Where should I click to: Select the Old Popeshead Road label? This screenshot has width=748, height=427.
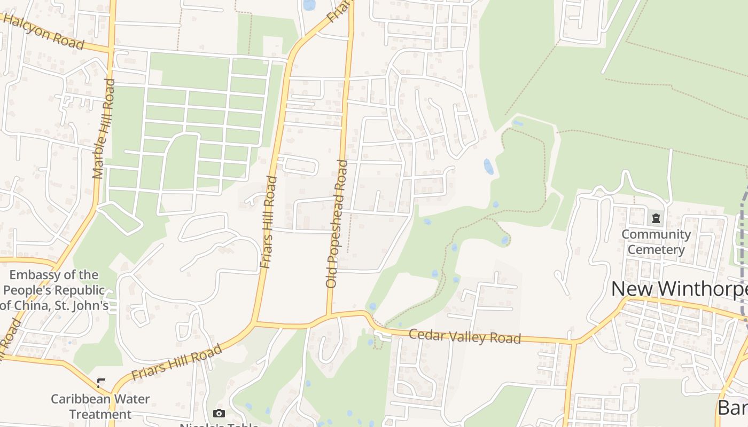(x=337, y=224)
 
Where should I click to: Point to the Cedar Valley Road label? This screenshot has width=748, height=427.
(x=464, y=337)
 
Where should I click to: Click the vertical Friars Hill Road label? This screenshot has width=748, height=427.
(x=269, y=222)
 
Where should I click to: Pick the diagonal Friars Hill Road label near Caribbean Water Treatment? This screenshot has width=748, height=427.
(x=176, y=362)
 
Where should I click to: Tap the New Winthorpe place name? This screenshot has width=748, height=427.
(x=679, y=289)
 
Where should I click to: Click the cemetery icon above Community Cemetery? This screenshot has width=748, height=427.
(x=656, y=218)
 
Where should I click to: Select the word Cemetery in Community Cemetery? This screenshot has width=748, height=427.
(x=656, y=249)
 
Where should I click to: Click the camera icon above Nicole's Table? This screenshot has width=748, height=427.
(x=219, y=413)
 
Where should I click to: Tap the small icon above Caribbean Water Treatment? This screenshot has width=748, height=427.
(x=101, y=383)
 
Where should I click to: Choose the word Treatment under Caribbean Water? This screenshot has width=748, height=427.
(x=100, y=414)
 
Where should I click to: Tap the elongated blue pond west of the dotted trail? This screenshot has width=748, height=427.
(x=488, y=167)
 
